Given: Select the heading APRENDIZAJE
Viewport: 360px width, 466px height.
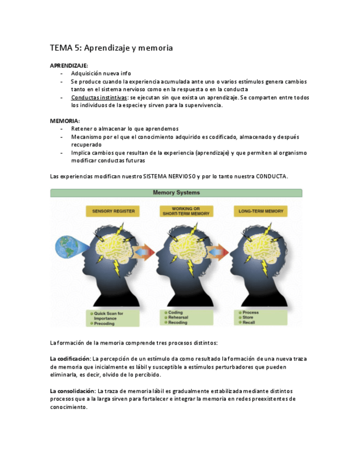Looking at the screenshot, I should pyautogui.click(x=69, y=65).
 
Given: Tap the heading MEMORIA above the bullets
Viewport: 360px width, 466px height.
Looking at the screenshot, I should pyautogui.click(x=64, y=120).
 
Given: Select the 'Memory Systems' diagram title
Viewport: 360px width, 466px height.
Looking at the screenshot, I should pyautogui.click(x=176, y=193).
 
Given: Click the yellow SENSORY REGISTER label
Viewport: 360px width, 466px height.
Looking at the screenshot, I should pyautogui.click(x=113, y=211).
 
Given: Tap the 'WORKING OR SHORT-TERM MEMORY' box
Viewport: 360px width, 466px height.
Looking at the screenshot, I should pyautogui.click(x=186, y=211).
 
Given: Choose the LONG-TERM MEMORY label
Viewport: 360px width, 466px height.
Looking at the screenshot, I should pyautogui.click(x=261, y=211).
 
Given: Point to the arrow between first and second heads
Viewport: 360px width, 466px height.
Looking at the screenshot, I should pyautogui.click(x=144, y=253).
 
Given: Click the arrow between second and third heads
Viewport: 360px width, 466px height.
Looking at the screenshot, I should pyautogui.click(x=218, y=253).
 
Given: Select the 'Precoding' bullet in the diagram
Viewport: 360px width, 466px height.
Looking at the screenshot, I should pyautogui.click(x=104, y=324).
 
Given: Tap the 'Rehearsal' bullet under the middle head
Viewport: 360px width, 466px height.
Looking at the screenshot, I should pyautogui.click(x=178, y=318).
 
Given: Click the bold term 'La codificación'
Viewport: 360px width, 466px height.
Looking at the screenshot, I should pyautogui.click(x=70, y=359).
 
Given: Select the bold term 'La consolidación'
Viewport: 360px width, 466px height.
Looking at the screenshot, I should pyautogui.click(x=72, y=391).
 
